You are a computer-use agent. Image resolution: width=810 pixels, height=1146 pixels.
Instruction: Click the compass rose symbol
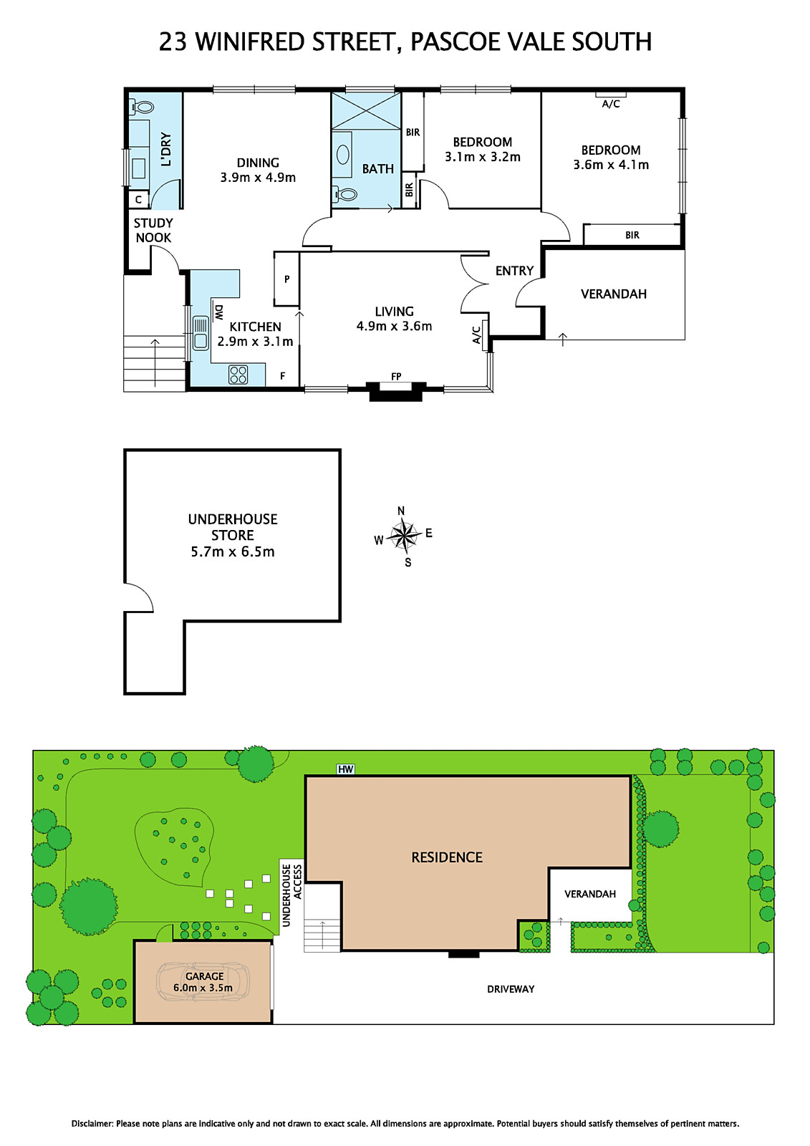tap(405, 535)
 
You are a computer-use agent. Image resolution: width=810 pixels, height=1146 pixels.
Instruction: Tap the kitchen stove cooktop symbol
tap(238, 375)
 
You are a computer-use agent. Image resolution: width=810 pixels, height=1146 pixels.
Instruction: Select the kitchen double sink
tap(201, 333)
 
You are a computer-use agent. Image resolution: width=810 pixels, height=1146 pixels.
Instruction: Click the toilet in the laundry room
tap(143, 107)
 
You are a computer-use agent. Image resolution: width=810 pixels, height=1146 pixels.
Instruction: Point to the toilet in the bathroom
tap(345, 193)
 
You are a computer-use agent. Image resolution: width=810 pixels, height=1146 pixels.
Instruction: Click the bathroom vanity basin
tap(343, 155)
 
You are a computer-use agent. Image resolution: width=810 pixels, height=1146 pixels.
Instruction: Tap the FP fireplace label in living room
tap(396, 377)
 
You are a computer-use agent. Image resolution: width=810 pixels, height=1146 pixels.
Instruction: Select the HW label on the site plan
tap(346, 769)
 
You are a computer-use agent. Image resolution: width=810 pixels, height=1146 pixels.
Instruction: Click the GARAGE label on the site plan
tap(204, 976)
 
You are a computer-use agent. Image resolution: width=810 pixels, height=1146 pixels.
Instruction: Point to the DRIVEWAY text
tap(511, 989)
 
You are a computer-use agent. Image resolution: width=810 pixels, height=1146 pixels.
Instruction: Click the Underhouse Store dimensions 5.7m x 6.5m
tap(233, 552)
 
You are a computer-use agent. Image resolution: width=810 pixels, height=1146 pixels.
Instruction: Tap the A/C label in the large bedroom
tap(611, 104)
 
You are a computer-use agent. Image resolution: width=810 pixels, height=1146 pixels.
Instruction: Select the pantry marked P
tap(286, 279)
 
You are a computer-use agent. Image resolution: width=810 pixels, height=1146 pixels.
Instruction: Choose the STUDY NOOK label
tap(153, 231)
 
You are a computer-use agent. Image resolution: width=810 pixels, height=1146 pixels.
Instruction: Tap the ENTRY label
tap(514, 271)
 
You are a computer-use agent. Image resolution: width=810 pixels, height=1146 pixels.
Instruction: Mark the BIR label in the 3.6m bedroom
tap(632, 235)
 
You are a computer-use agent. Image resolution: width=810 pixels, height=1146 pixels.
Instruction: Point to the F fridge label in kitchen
tap(283, 376)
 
